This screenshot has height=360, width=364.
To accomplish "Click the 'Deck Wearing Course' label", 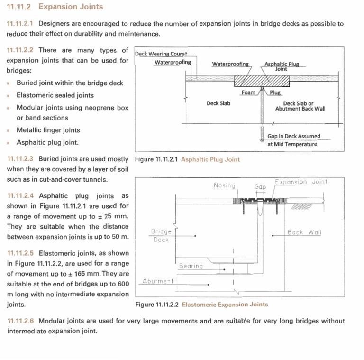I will (x=161, y=54).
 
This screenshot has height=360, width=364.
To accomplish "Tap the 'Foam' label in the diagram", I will (x=248, y=92).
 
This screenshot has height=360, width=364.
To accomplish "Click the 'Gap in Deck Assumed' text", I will (x=293, y=136).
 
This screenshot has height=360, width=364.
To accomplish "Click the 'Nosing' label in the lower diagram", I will (x=224, y=185).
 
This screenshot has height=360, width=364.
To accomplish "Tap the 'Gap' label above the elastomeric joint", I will (x=260, y=187).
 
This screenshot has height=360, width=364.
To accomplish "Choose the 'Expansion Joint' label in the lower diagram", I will (x=301, y=182).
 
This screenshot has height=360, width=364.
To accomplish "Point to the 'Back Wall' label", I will (x=304, y=232).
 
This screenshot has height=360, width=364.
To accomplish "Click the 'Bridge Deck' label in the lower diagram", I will (x=161, y=235).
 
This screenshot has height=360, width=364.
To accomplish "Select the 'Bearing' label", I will (x=191, y=266).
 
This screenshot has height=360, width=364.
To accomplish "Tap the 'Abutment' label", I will (x=158, y=281).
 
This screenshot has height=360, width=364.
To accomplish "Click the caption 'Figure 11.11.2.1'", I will (x=156, y=159).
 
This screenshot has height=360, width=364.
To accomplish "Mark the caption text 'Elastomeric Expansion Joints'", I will (x=225, y=305).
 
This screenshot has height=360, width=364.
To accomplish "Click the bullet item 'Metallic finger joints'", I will (x=48, y=130).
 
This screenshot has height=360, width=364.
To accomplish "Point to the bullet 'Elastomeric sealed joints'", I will (x=55, y=95).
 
